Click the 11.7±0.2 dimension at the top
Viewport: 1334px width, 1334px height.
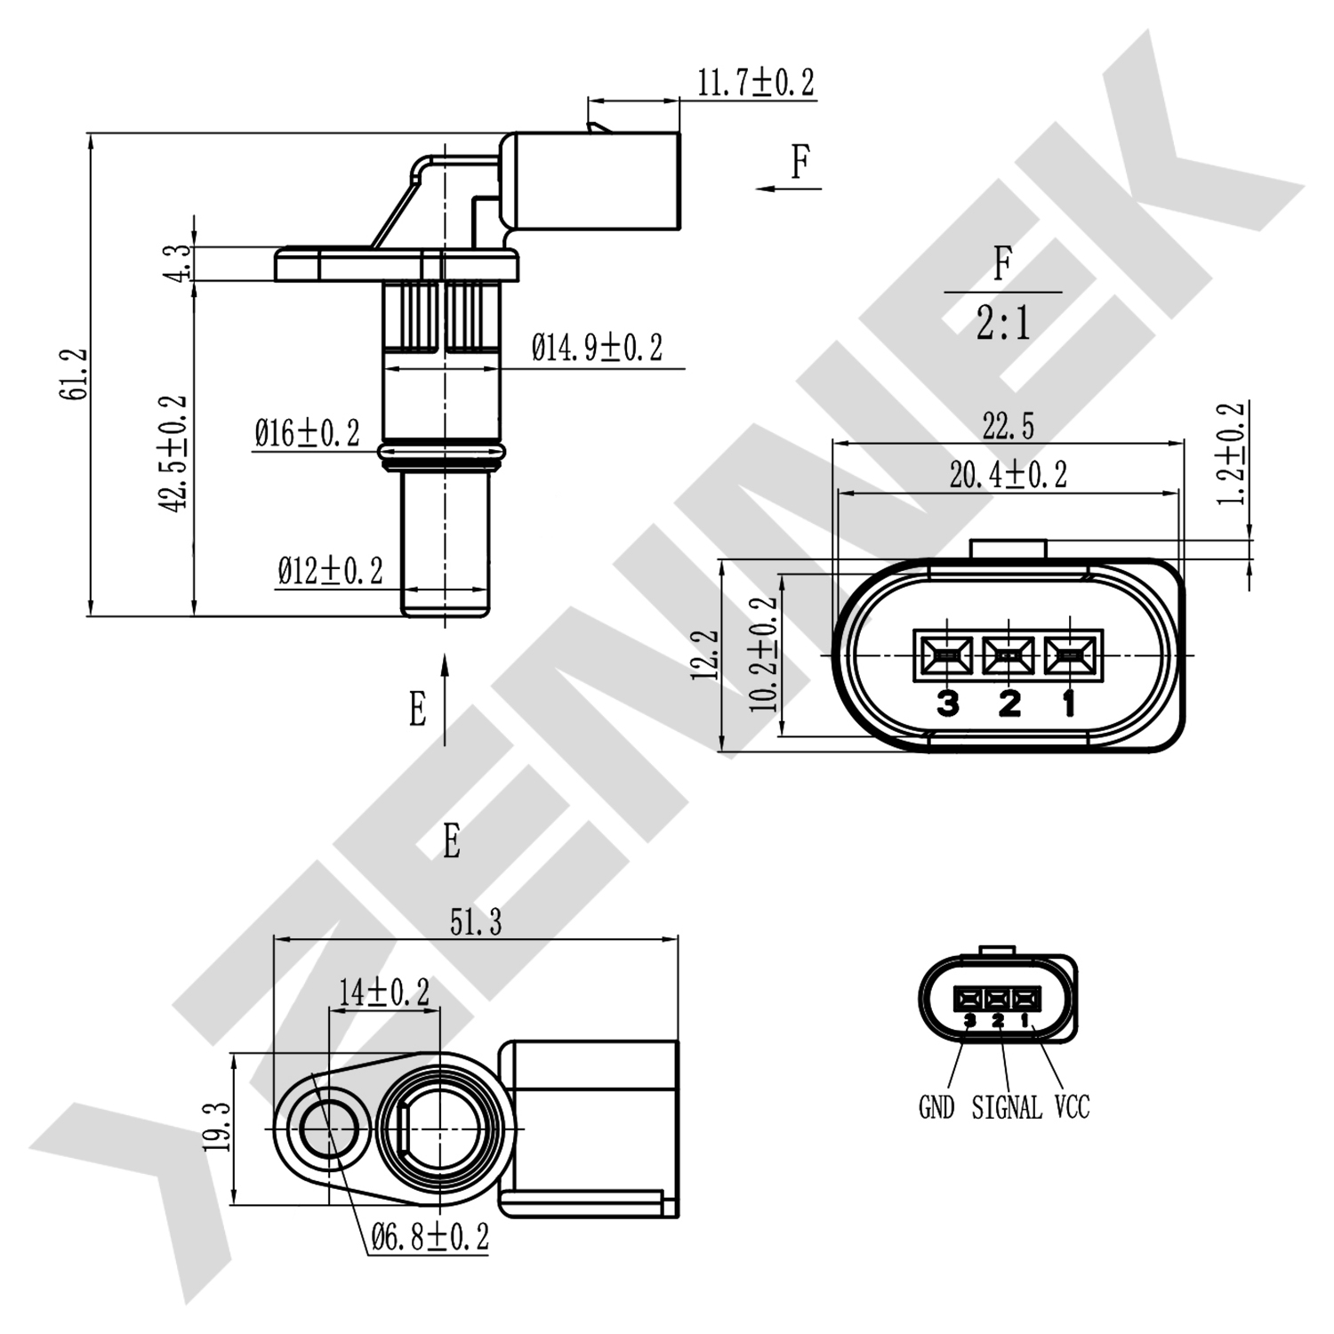tap(754, 83)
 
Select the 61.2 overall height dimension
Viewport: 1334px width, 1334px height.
tap(75, 374)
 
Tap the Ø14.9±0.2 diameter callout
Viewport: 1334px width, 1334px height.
tap(597, 348)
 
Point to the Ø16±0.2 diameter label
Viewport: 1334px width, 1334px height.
tap(307, 434)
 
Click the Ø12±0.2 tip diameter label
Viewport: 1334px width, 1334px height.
tap(330, 570)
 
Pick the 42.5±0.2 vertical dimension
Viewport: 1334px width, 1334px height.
tap(174, 453)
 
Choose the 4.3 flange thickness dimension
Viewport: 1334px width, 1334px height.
tap(179, 263)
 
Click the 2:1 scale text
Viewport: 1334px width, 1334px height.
tap(1002, 323)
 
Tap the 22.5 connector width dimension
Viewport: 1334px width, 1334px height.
tap(1008, 427)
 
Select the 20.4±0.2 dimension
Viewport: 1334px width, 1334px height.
tap(1008, 475)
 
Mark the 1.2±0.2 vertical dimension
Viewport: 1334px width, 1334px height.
tap(1232, 454)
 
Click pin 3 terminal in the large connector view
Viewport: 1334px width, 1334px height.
tap(944, 657)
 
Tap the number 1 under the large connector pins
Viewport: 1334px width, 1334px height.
tap(1069, 703)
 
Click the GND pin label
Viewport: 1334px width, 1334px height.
tap(936, 1108)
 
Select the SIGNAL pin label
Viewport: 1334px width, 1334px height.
tap(1007, 1108)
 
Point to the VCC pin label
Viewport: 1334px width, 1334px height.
tap(1072, 1108)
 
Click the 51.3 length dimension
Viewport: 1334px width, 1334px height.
tap(475, 922)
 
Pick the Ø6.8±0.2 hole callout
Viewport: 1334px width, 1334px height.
tap(430, 1236)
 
